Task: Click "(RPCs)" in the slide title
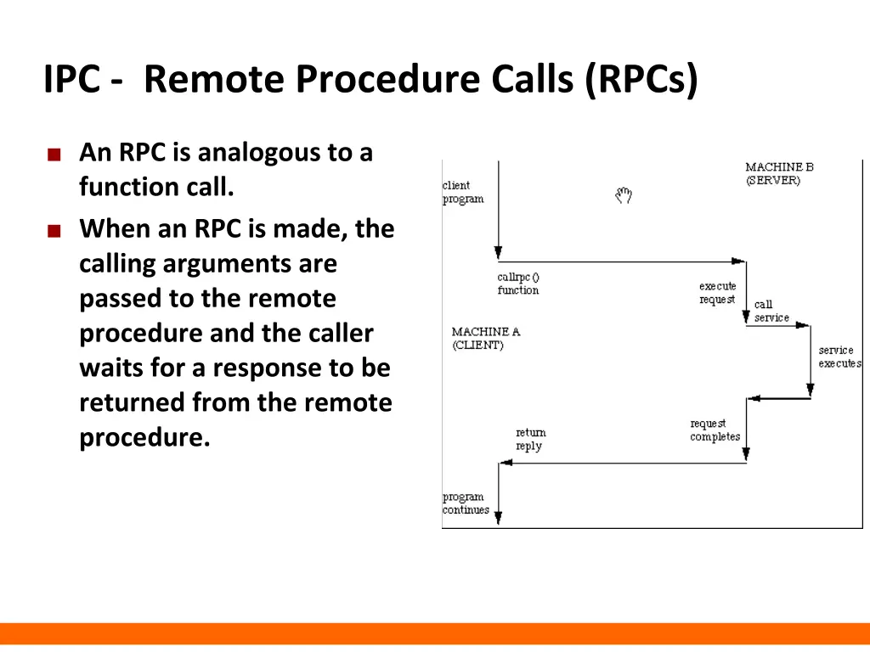[x=641, y=80]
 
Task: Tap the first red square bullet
[x=54, y=155]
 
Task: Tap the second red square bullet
[x=54, y=231]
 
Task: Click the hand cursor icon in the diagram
[x=624, y=196]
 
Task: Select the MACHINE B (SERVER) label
[x=778, y=174]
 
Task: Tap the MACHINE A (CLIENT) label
[x=485, y=338]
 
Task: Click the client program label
[x=462, y=192]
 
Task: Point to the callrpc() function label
[x=518, y=284]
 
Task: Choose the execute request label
[x=718, y=293]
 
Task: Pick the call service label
[x=771, y=311]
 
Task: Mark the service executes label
[x=839, y=357]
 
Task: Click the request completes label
[x=715, y=430]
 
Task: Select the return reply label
[x=530, y=439]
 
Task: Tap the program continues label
[x=466, y=503]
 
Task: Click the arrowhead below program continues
[x=498, y=518]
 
